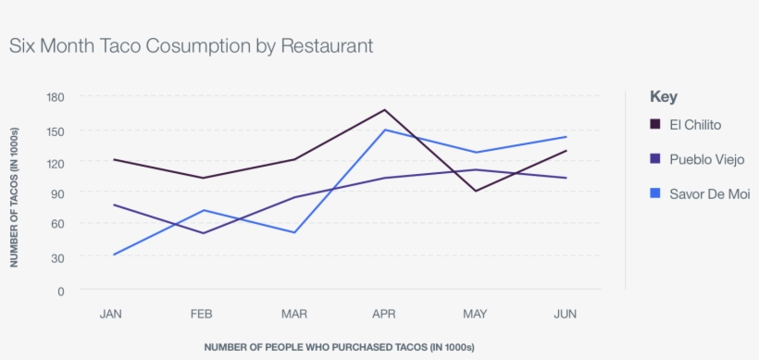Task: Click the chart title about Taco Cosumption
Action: [192, 45]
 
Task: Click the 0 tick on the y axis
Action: [61, 290]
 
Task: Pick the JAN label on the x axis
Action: [111, 315]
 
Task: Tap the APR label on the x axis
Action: [384, 315]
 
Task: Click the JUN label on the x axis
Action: [566, 315]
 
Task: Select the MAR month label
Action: [293, 315]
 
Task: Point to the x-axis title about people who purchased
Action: [339, 347]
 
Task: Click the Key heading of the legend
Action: [664, 96]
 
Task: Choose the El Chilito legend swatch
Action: [655, 125]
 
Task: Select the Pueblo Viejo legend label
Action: [706, 159]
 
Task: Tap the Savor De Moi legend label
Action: [709, 193]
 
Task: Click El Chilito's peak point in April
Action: [384, 110]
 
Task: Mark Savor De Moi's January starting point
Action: [112, 254]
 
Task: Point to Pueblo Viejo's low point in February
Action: [203, 233]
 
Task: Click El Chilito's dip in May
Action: [475, 191]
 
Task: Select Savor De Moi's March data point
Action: [293, 232]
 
